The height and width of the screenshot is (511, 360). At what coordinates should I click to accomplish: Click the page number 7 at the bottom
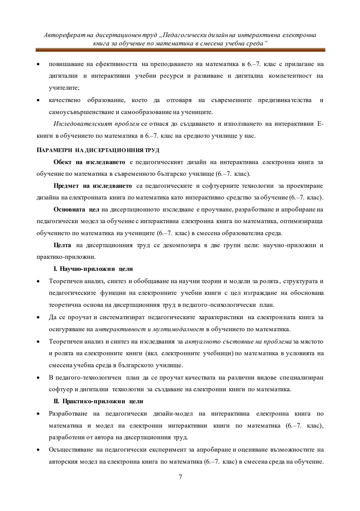(x=180, y=477)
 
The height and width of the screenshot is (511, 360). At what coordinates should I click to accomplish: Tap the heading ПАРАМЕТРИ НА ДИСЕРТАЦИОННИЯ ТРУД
(x=98, y=150)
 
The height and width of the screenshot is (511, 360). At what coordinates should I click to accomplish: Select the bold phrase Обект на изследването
(x=89, y=162)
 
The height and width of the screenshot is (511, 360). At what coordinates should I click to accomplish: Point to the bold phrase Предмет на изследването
(x=93, y=186)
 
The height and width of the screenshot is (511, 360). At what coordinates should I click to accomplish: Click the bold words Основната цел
(x=76, y=209)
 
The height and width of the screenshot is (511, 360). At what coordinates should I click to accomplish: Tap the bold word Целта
(x=62, y=245)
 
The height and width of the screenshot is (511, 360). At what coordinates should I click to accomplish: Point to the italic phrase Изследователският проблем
(x=96, y=124)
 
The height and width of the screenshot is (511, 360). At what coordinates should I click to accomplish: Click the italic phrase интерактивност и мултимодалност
(x=149, y=329)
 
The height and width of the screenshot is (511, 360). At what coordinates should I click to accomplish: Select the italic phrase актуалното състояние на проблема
(x=238, y=341)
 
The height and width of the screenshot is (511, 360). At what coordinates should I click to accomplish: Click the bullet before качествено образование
(x=39, y=100)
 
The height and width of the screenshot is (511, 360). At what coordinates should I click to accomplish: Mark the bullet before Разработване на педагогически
(x=39, y=414)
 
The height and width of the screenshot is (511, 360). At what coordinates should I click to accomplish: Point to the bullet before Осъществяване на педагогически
(x=39, y=450)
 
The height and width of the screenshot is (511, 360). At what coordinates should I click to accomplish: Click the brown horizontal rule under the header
(x=180, y=50)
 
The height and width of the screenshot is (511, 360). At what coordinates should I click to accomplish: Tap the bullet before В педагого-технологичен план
(x=39, y=378)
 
